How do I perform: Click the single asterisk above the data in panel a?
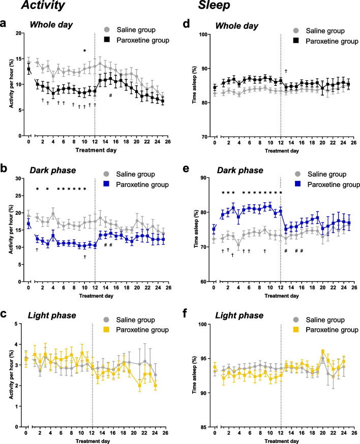(x=85, y=51)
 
